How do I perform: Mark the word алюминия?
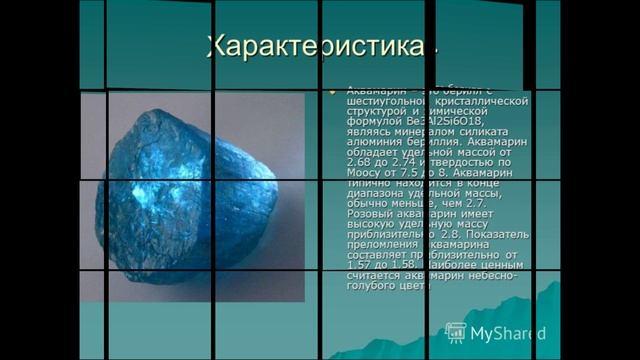(x=374, y=142)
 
